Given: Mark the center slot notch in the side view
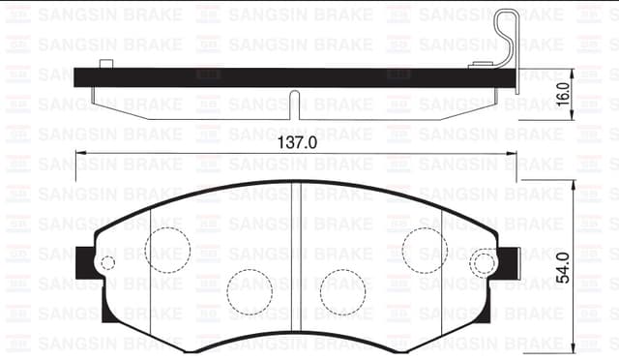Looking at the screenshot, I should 295,103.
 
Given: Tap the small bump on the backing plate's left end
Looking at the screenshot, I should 105,63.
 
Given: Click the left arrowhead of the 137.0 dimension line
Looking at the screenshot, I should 79,154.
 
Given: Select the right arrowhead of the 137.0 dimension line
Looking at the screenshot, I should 511,154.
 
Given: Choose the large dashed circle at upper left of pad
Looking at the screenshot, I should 168,248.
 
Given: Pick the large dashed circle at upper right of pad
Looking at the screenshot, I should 425,248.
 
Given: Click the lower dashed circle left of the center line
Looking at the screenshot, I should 250,289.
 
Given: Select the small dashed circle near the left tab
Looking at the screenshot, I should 108,262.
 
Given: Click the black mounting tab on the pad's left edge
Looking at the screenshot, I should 85,260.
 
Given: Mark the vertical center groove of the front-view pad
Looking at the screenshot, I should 297,261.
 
